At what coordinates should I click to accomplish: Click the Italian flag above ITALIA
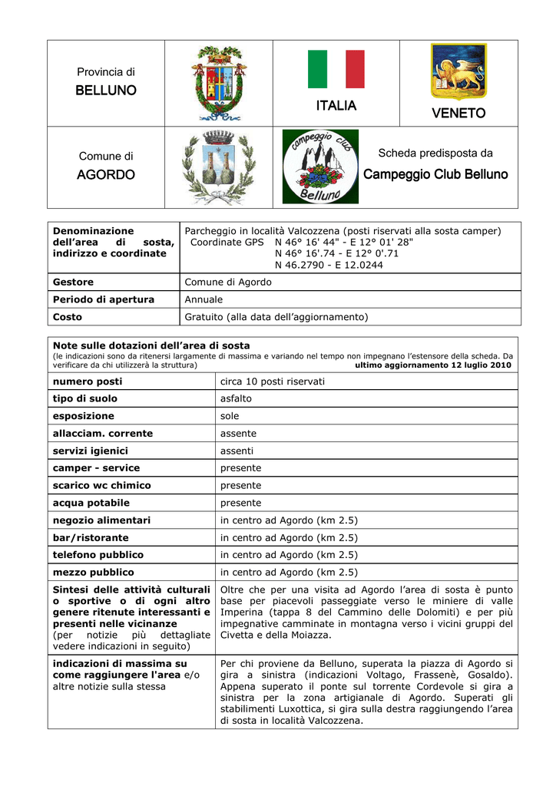tap(336, 70)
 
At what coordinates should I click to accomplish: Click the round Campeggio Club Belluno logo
tap(319, 167)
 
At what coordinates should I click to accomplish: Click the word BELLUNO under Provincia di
tap(106, 91)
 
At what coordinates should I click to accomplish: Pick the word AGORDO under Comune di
tap(106, 175)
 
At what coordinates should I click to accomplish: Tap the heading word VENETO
tap(458, 114)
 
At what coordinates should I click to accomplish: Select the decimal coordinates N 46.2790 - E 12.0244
tap(329, 266)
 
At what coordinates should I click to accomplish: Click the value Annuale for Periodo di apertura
tap(204, 299)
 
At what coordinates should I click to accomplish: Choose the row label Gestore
tap(73, 282)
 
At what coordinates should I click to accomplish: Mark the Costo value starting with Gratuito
tap(276, 316)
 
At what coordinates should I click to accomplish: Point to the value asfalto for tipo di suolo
tap(236, 398)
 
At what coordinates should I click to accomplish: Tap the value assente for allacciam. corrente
tap(238, 434)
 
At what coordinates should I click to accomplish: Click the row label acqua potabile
tap(91, 503)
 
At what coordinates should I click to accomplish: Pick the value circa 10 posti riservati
tap(273, 381)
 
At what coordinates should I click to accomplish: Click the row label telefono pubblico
tap(98, 554)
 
